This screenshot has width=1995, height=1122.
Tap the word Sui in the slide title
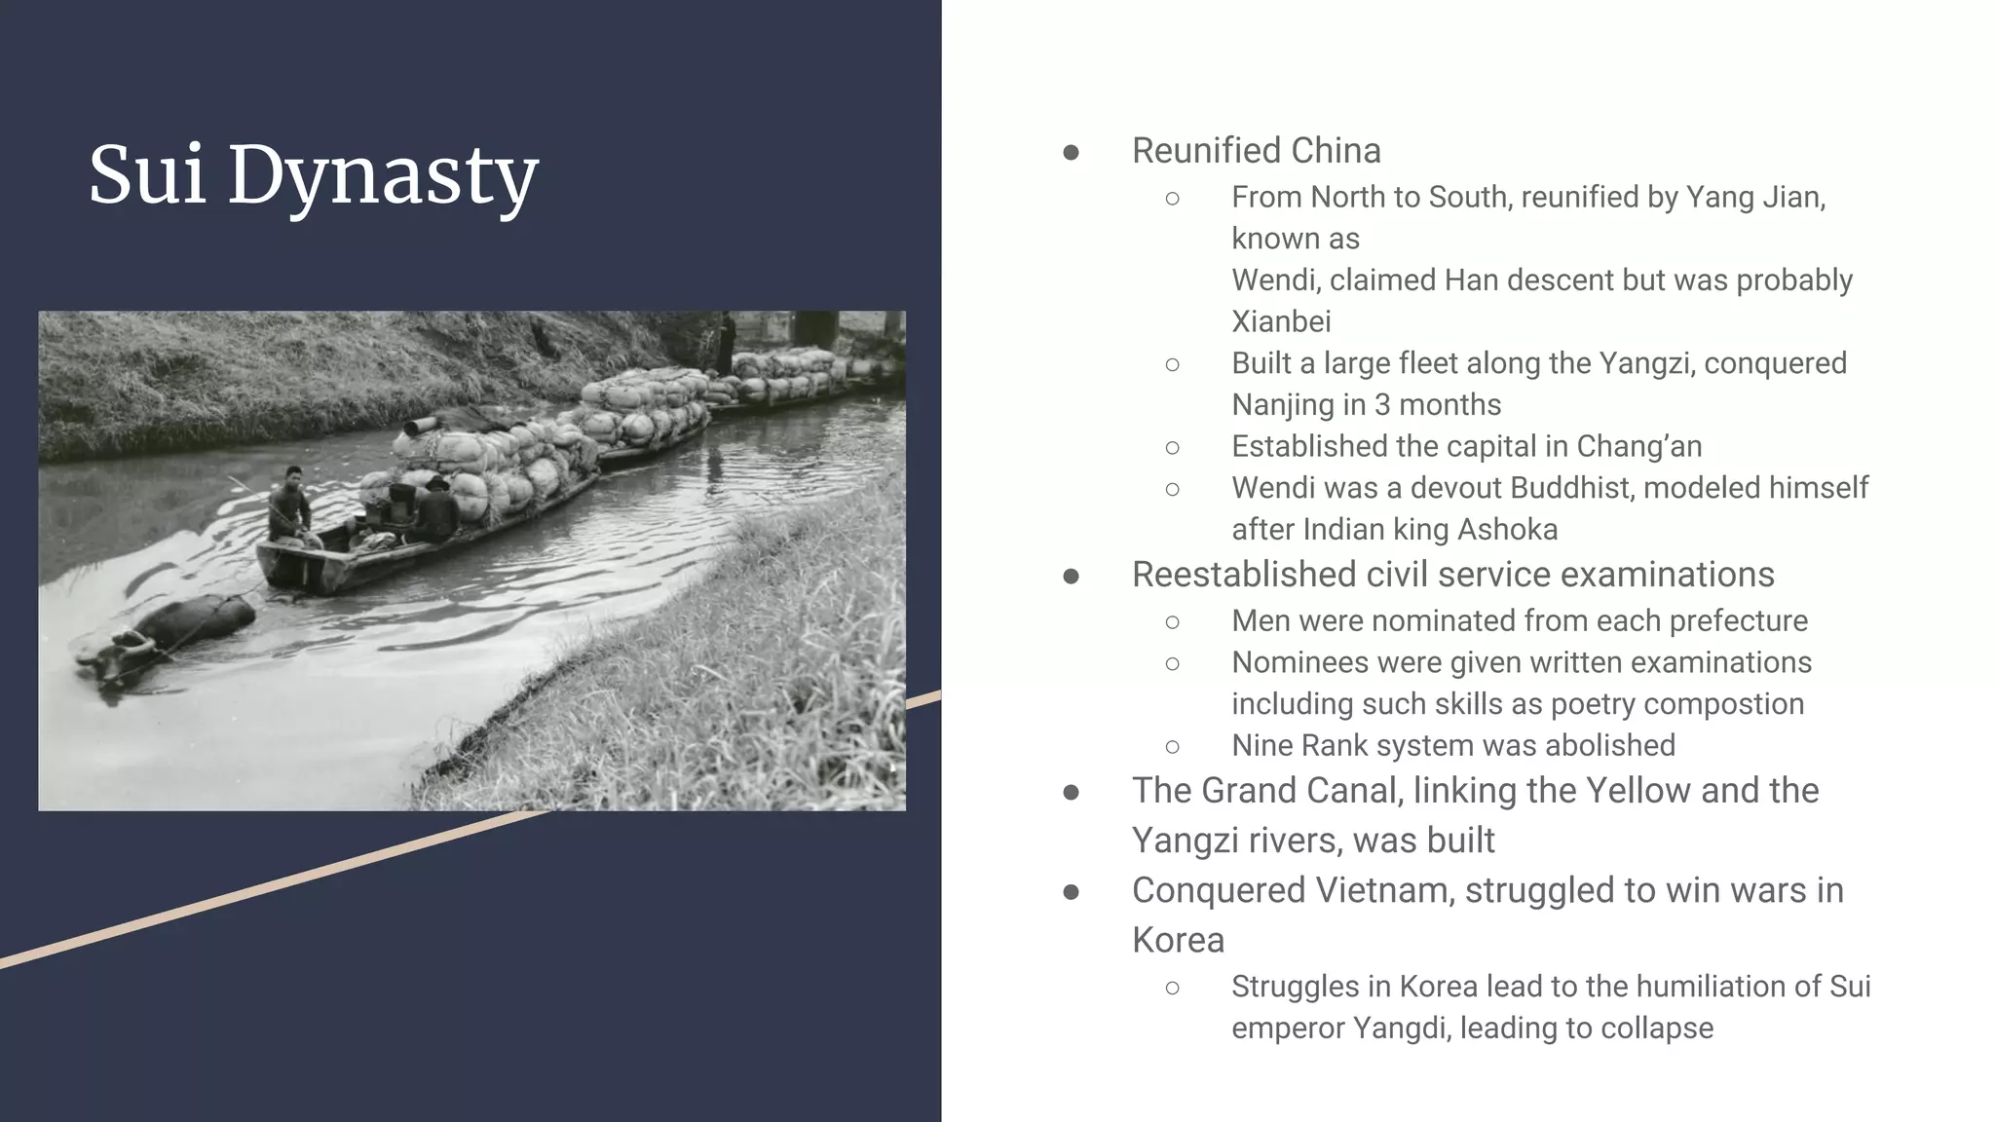point(147,175)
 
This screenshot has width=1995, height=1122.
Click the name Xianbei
point(1281,321)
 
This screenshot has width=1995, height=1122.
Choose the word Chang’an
point(1638,446)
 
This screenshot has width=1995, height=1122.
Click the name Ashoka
point(1507,529)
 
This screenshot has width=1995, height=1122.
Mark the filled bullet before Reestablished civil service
point(1071,577)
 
